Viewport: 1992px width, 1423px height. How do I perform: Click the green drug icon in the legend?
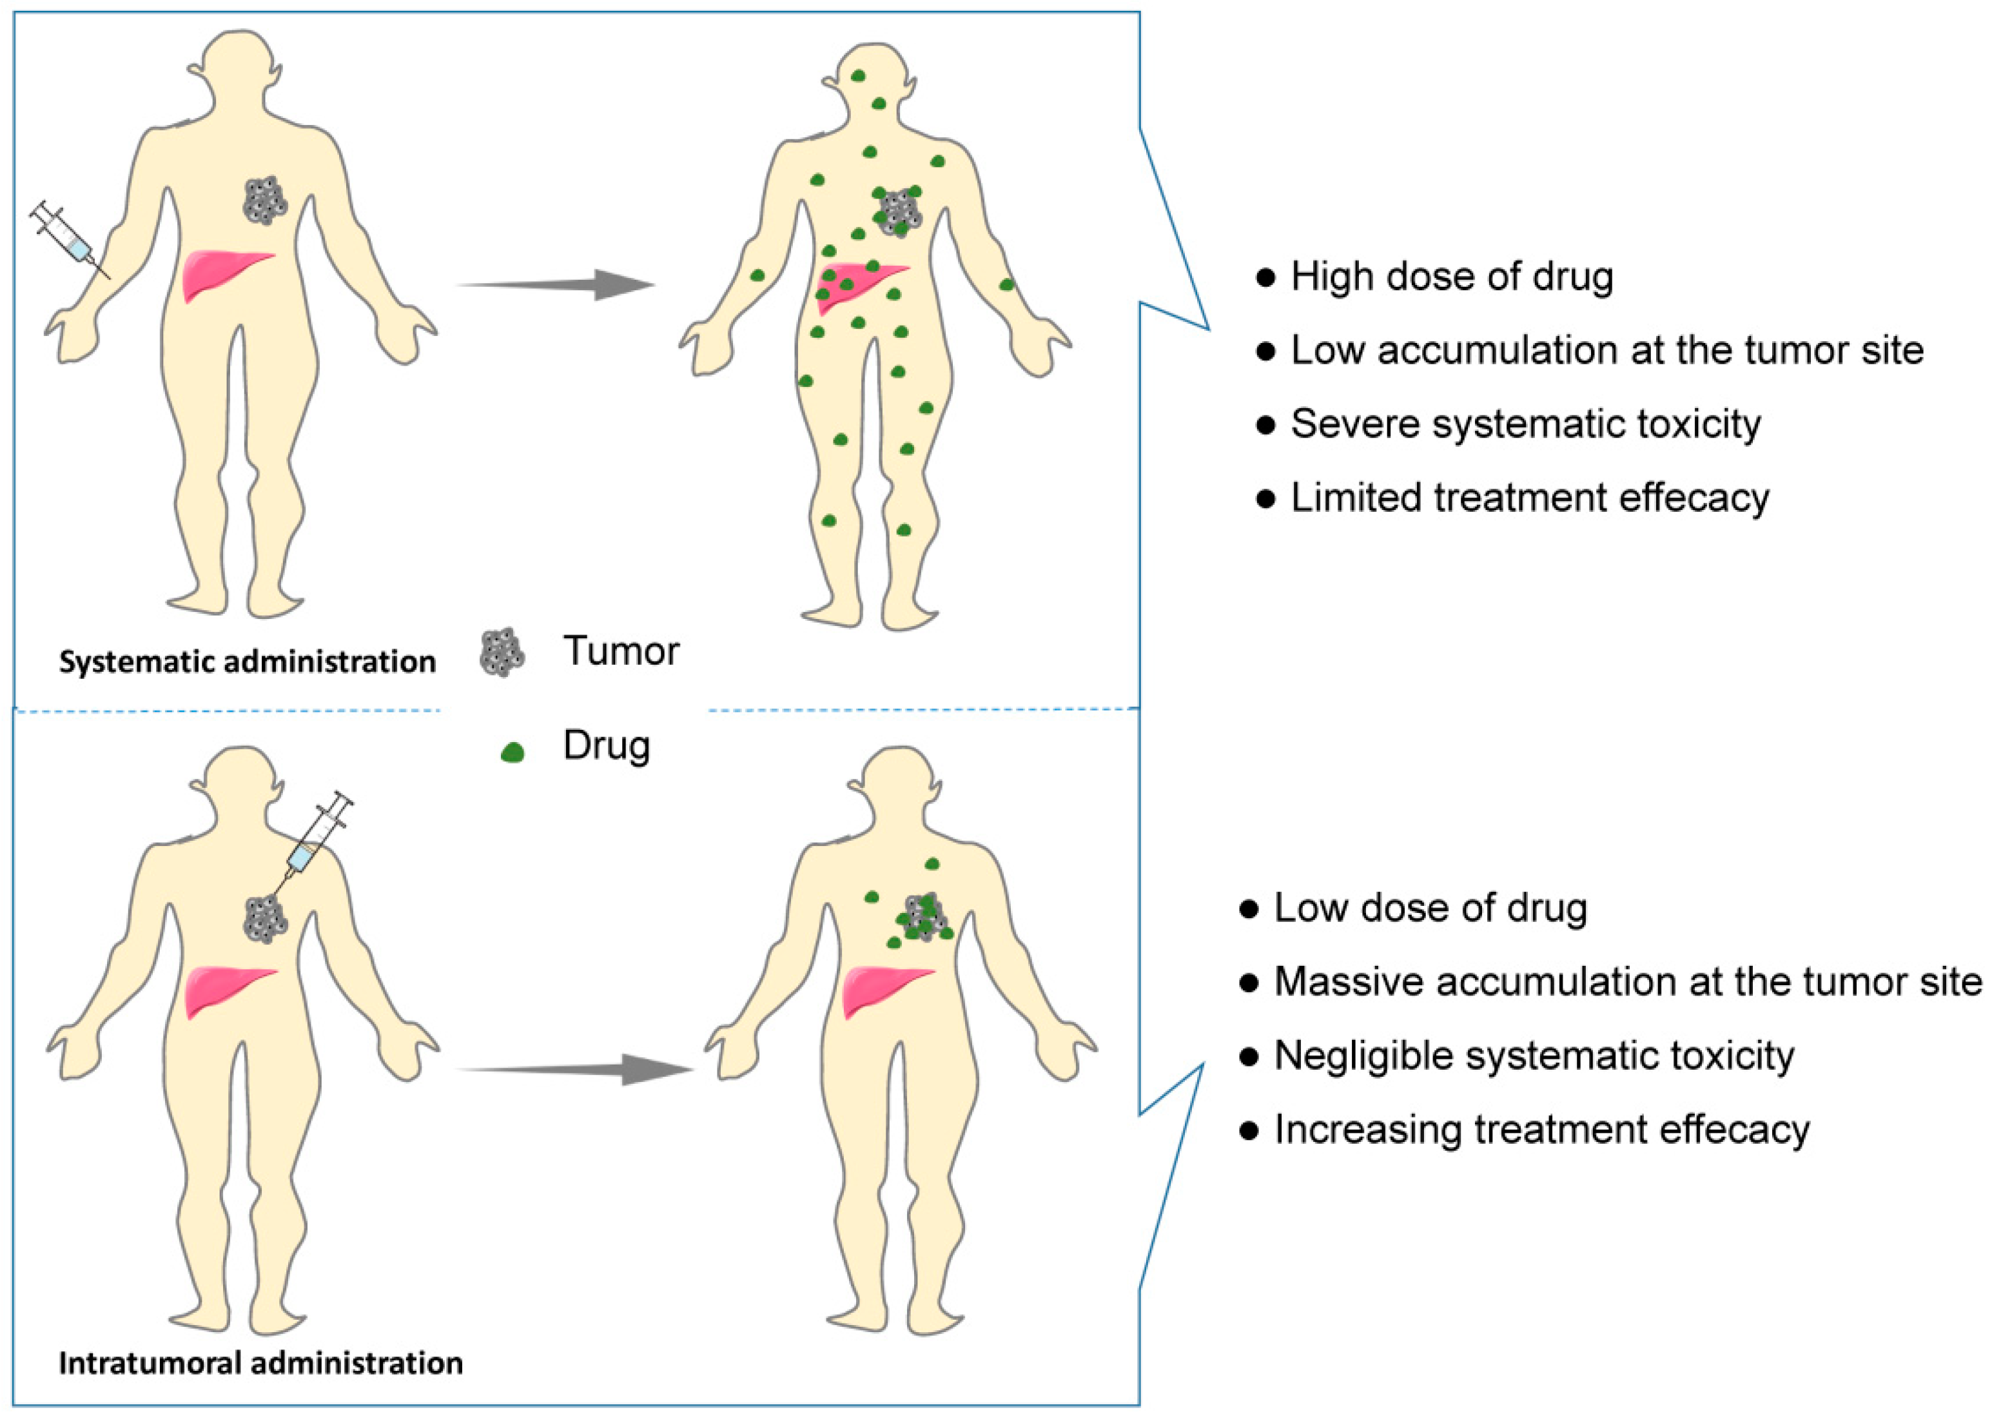click(513, 752)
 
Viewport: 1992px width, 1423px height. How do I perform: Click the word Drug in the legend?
click(606, 746)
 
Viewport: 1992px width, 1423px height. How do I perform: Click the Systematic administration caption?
click(247, 662)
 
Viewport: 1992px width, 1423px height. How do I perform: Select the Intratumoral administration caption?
click(260, 1362)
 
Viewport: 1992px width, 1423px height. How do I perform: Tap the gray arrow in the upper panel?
click(556, 285)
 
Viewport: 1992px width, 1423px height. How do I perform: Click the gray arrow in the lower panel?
click(574, 1069)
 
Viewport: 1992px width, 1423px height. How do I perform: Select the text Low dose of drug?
click(1430, 908)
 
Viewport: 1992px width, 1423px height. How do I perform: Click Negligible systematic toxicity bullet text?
click(1533, 1055)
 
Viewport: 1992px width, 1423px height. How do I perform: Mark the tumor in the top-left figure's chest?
click(264, 201)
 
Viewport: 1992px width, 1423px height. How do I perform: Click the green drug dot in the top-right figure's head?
click(859, 76)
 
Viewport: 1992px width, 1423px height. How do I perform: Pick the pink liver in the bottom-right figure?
click(881, 989)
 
